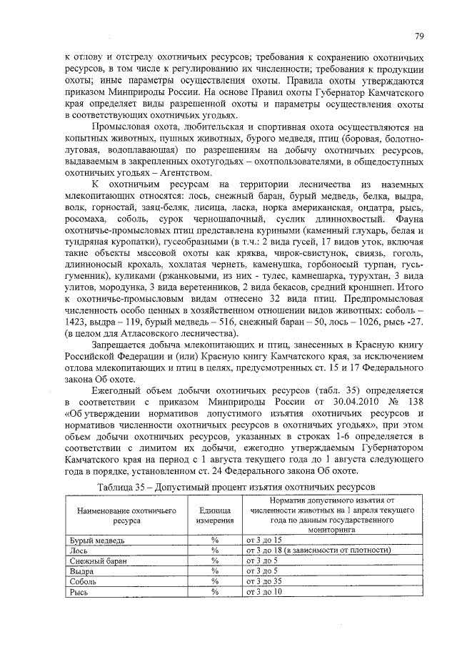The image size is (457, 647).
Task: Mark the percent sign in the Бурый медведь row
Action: coord(214,540)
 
